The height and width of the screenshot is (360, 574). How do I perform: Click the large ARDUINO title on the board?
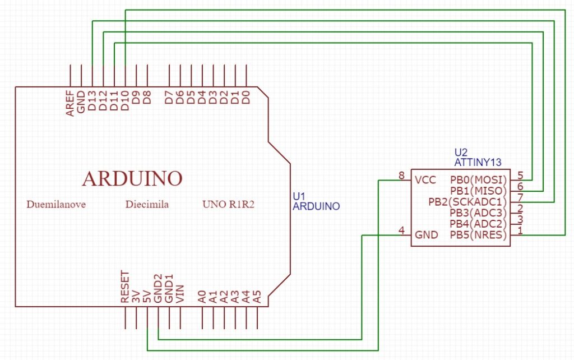[x=132, y=178]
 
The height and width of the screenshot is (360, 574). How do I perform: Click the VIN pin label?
[x=180, y=294]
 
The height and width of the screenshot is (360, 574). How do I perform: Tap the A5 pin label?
[x=257, y=296]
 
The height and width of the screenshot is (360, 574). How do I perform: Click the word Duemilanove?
[x=56, y=205]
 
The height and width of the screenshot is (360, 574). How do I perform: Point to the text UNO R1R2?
[x=228, y=205]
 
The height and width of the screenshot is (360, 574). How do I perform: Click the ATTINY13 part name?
[x=478, y=162]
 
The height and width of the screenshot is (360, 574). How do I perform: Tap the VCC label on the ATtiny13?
[x=425, y=180]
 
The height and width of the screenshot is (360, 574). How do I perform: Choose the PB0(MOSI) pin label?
[x=478, y=180]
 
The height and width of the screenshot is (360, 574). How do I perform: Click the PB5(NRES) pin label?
[x=478, y=236]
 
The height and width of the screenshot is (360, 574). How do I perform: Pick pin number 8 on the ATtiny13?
[x=401, y=176]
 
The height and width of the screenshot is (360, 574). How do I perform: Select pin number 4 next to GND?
[x=401, y=230]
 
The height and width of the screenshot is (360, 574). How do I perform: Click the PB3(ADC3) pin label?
[x=478, y=213]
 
